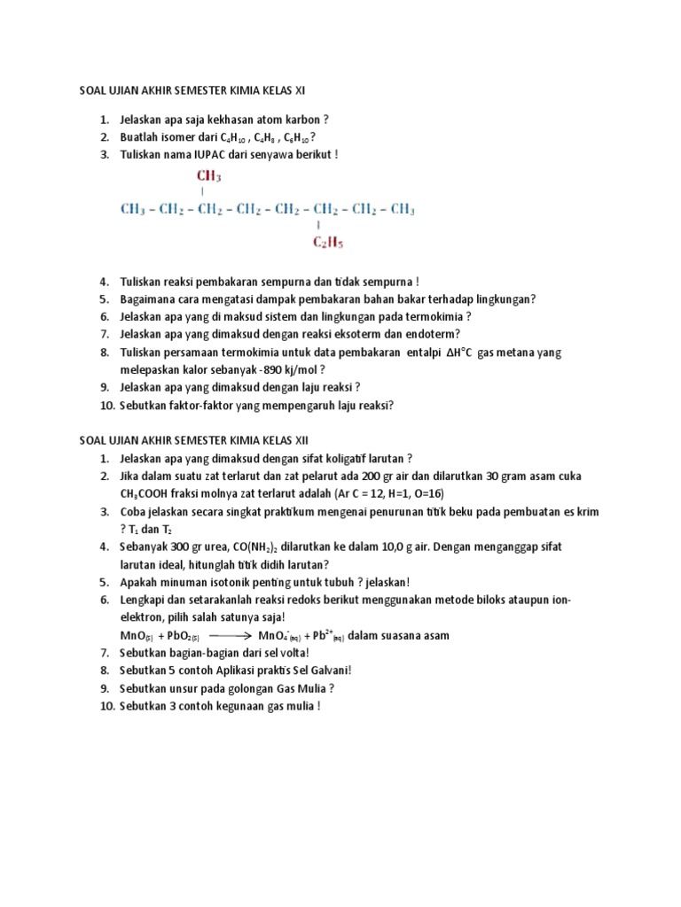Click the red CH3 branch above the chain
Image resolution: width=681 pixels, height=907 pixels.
[207, 176]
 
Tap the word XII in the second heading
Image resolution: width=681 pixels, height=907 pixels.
[296, 440]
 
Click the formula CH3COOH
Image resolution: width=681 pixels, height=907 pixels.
[152, 493]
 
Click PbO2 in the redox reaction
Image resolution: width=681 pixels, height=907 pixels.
[184, 635]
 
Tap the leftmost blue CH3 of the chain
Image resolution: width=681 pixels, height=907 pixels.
[132, 210]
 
